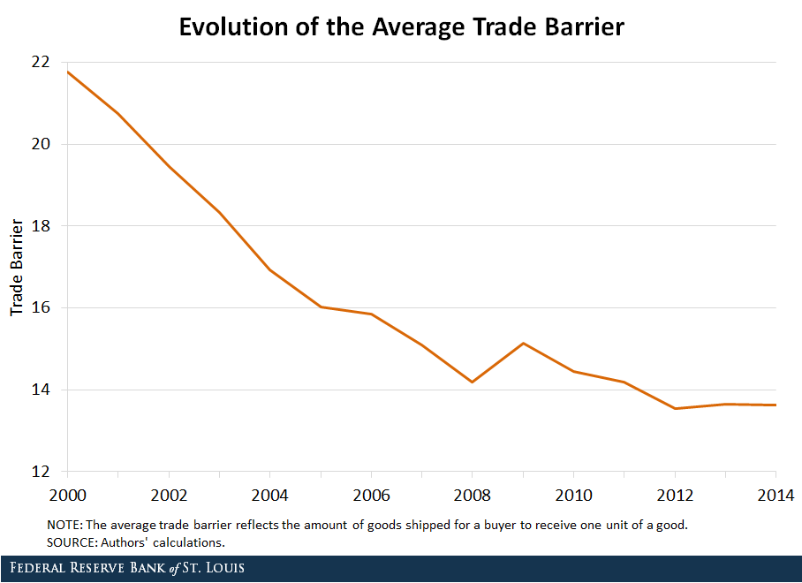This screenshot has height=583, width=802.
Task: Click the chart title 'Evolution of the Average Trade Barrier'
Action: point(401,26)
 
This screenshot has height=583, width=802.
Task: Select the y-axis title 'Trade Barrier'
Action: point(16,267)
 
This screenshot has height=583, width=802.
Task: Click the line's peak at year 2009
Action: point(523,343)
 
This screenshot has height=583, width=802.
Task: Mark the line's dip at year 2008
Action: point(473,382)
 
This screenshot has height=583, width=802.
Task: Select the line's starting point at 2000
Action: point(68,72)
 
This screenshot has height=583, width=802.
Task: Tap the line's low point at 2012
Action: point(675,408)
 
